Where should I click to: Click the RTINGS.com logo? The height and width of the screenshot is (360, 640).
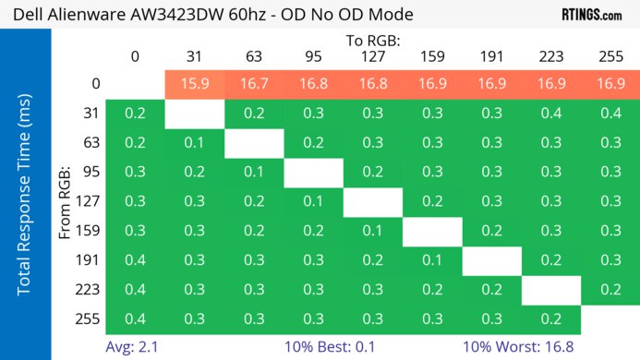tap(591, 15)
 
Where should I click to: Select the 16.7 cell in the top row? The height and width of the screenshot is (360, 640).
tap(254, 84)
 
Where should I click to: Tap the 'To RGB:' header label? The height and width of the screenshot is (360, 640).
tap(373, 41)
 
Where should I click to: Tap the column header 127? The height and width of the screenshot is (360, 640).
tap(373, 57)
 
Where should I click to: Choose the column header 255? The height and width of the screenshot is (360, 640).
tap(610, 57)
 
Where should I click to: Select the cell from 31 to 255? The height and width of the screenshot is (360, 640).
tap(610, 114)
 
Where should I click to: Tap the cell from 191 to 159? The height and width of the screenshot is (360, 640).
tap(432, 261)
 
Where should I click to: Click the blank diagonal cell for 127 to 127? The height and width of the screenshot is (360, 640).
tap(373, 202)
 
